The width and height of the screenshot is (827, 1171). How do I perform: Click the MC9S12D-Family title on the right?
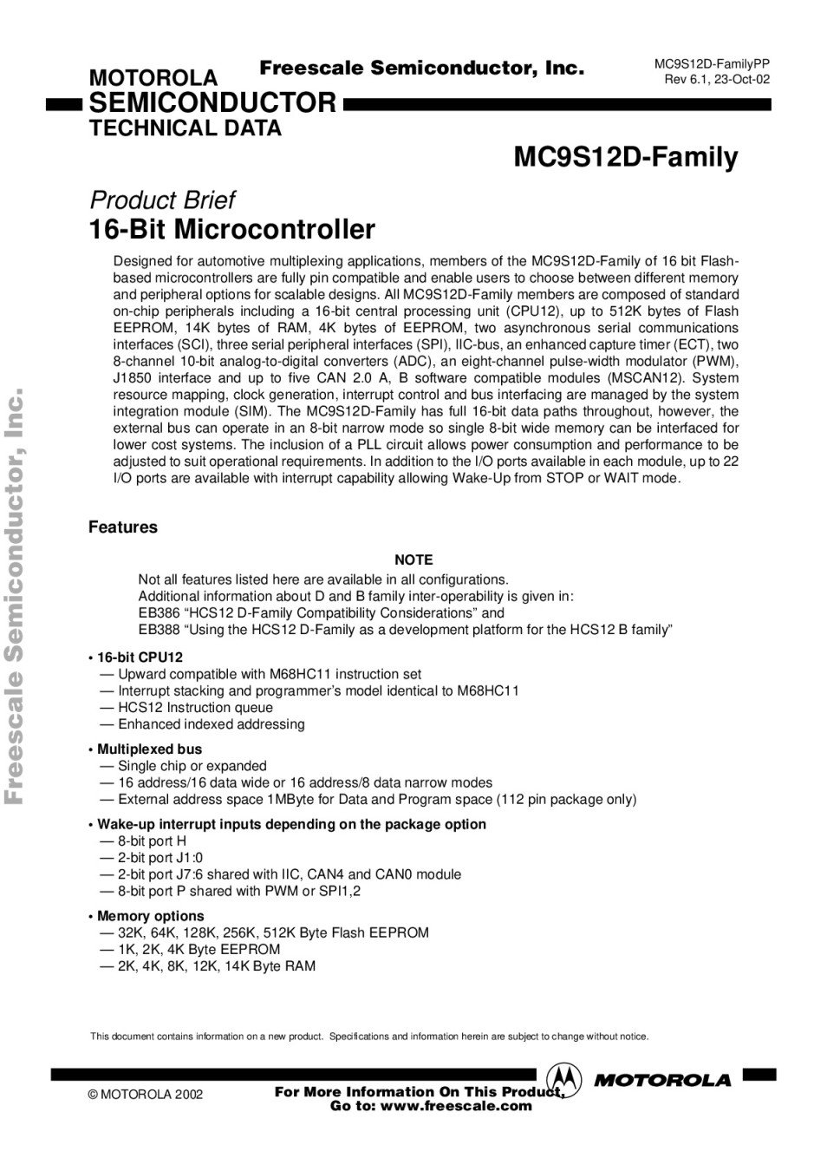click(625, 158)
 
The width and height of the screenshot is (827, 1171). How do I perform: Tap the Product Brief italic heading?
click(162, 200)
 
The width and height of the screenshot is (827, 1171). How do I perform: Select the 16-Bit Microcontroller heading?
click(232, 230)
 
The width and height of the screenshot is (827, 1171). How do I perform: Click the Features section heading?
click(123, 527)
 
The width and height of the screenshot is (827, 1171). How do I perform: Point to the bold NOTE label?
click(413, 560)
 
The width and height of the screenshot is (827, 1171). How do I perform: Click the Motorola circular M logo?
click(564, 1079)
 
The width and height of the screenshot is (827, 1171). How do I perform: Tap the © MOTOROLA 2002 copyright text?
click(146, 1095)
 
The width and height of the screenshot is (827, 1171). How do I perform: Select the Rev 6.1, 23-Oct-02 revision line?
click(717, 80)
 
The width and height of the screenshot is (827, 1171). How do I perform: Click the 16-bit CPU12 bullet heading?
click(140, 657)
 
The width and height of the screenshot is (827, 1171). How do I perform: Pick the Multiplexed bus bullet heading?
click(149, 749)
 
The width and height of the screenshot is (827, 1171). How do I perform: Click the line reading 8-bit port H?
click(152, 841)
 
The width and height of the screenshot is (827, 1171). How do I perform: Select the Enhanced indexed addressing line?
click(211, 724)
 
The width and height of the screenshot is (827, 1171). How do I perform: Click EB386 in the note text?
click(159, 613)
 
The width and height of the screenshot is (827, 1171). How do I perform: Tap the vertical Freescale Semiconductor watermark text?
click(15, 599)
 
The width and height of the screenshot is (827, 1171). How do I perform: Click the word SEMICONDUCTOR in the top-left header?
click(212, 103)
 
